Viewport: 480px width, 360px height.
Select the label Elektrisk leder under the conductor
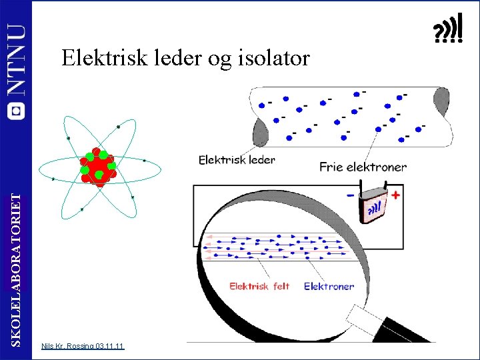[237, 160]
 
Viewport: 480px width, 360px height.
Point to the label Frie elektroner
[363, 167]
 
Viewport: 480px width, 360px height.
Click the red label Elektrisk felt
[259, 287]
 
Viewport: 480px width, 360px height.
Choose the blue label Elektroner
[329, 287]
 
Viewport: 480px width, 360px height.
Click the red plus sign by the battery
[396, 195]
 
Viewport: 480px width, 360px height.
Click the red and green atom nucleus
[99, 167]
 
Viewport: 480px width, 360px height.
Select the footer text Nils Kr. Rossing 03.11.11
[82, 346]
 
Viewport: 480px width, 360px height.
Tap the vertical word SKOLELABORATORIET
[17, 267]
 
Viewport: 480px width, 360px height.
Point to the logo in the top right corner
[448, 30]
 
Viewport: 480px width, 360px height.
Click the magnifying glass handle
[387, 327]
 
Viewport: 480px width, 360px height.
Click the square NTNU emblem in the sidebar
[16, 111]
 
